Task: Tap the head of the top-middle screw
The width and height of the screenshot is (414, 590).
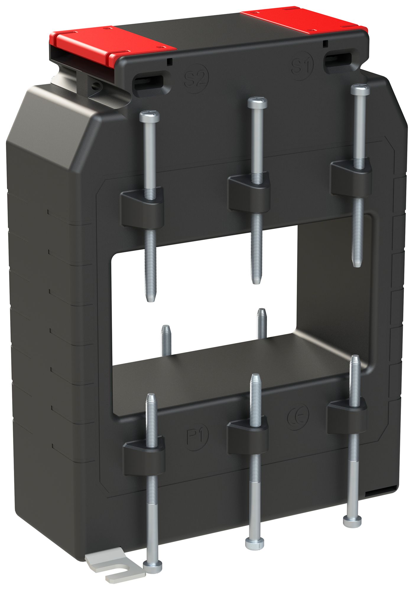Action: click(x=257, y=102)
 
